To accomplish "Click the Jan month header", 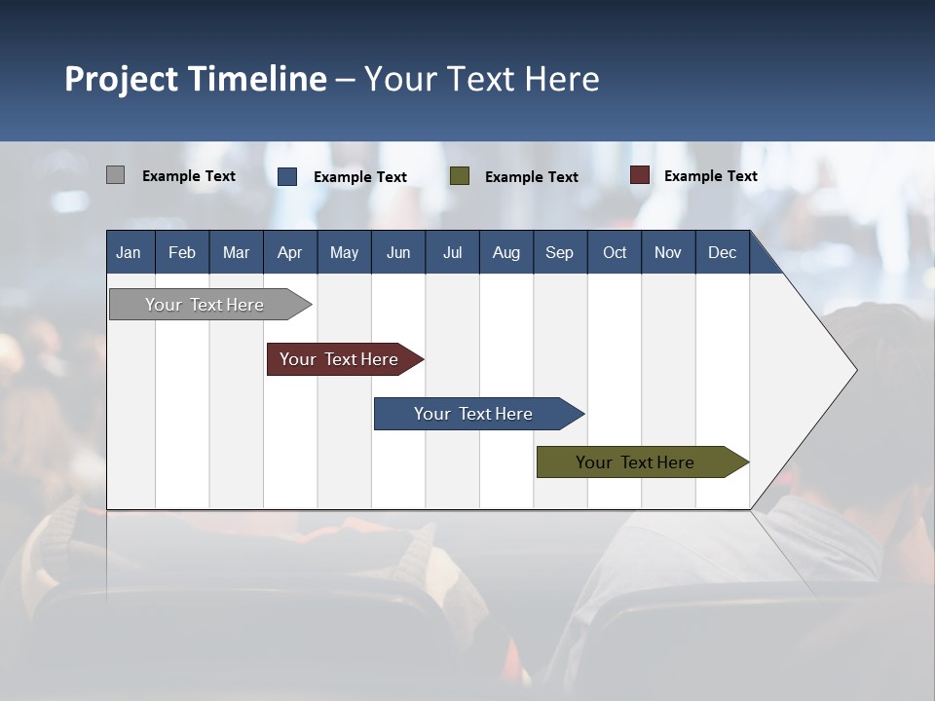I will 129,252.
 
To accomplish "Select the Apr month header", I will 289,252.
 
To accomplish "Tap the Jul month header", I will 452,252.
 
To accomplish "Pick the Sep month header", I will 559,252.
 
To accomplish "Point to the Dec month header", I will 722,252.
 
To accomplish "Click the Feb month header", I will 182,252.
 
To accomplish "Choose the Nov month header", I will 667,252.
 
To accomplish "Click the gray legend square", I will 115,175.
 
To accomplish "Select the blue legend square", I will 287,176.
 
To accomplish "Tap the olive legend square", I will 460,176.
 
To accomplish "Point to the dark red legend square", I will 639,175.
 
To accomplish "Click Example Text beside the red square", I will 710,175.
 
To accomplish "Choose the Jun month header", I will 397,252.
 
